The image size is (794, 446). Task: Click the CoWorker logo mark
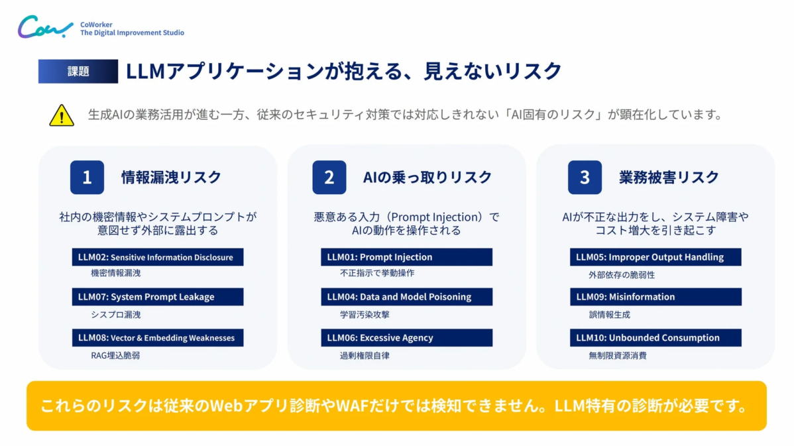pyautogui.click(x=45, y=28)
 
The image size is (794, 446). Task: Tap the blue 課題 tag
pyautogui.click(x=78, y=72)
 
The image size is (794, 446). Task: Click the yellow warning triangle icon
pyautogui.click(x=62, y=115)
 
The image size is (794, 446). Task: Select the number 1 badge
pyautogui.click(x=87, y=178)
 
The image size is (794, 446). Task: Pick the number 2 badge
pyautogui.click(x=329, y=178)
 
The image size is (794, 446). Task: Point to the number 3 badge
pyautogui.click(x=585, y=178)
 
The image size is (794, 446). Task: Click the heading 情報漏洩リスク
pyautogui.click(x=171, y=178)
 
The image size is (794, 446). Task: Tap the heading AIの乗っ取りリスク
pyautogui.click(x=427, y=178)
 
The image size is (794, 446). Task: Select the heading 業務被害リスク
pyautogui.click(x=669, y=178)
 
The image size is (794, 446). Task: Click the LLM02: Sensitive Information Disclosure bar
pyautogui.click(x=158, y=257)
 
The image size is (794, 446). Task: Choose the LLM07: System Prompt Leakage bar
pyautogui.click(x=158, y=297)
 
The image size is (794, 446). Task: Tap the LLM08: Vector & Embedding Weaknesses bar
pyautogui.click(x=158, y=338)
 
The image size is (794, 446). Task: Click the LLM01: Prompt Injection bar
pyautogui.click(x=406, y=257)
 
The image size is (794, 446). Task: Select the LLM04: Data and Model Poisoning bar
pyautogui.click(x=406, y=297)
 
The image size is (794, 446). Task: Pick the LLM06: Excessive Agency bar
pyautogui.click(x=406, y=338)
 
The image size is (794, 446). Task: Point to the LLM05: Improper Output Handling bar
pyautogui.click(x=655, y=257)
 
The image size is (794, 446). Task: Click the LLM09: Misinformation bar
pyautogui.click(x=655, y=297)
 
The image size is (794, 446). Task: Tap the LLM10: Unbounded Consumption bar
pyautogui.click(x=655, y=338)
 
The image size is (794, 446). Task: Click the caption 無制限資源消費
pyautogui.click(x=617, y=356)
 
